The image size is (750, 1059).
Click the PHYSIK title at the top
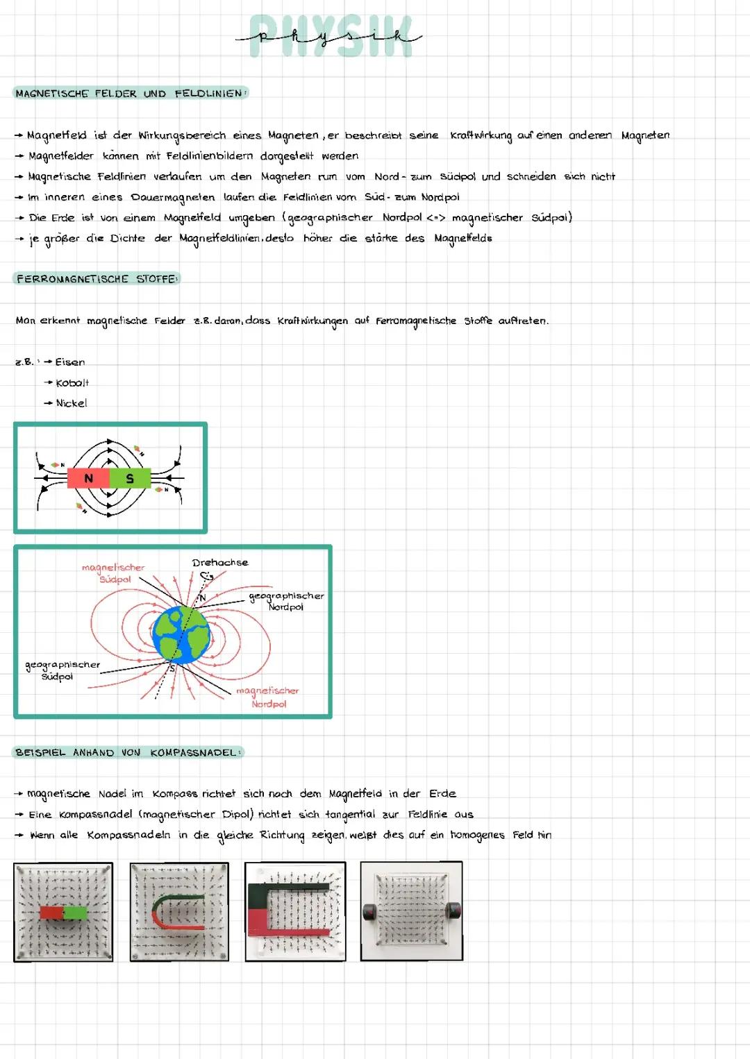click(x=331, y=36)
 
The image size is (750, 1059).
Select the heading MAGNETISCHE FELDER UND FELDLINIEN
click(x=130, y=94)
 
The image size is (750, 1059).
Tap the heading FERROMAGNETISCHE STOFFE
click(x=97, y=279)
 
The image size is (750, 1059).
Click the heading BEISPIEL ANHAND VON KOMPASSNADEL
click(x=127, y=753)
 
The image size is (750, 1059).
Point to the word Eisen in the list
click(x=70, y=362)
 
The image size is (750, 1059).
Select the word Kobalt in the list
click(x=72, y=383)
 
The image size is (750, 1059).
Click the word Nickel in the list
click(x=72, y=403)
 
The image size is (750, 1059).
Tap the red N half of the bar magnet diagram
click(x=88, y=478)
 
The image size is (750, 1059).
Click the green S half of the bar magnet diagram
click(x=130, y=478)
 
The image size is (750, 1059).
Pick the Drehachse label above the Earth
click(x=219, y=563)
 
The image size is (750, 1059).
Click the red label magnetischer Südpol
click(x=113, y=573)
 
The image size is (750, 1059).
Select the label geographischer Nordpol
click(x=286, y=601)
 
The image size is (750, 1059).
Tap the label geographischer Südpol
click(x=62, y=670)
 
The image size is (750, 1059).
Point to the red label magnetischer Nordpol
click(x=267, y=697)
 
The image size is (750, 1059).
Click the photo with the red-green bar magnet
click(x=63, y=911)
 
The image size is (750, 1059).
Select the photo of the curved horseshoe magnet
click(x=179, y=911)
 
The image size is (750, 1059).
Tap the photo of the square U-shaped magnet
click(x=295, y=911)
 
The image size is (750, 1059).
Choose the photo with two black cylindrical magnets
click(x=411, y=911)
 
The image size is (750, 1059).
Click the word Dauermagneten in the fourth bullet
click(x=173, y=197)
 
